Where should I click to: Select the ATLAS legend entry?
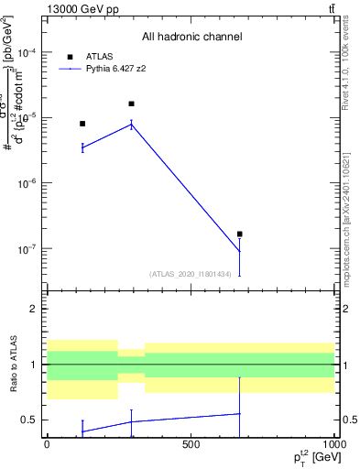pos(98,56)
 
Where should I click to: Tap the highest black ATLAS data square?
pos(131,104)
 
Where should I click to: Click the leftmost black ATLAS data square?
pos(82,124)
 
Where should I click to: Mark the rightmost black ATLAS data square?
pos(239,234)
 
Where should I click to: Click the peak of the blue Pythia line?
pos(131,124)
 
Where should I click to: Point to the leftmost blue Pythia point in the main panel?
pos(82,147)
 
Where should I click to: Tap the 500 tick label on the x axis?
pos(191,445)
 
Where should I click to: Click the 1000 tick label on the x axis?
pos(333,445)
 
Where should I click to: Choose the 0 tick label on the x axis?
pos(47,445)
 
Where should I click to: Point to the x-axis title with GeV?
pos(311,456)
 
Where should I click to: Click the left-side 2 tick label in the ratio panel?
pos(33,309)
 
